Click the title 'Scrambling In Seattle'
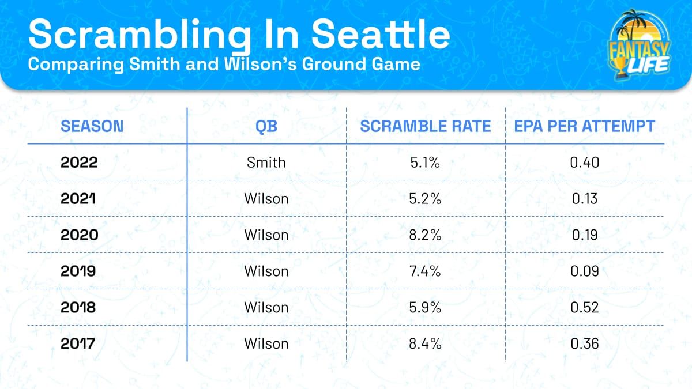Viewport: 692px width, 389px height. tap(239, 35)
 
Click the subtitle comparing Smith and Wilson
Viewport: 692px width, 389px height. tap(224, 63)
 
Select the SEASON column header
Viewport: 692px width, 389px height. tap(92, 126)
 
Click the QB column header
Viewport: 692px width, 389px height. tap(266, 126)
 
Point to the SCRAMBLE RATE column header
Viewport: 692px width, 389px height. tap(426, 126)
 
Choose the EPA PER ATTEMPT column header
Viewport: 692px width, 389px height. tap(585, 126)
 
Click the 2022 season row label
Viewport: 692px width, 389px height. tap(79, 163)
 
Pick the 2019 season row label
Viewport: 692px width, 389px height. tap(79, 271)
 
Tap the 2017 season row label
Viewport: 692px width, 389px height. tap(79, 344)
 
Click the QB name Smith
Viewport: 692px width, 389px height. tap(266, 163)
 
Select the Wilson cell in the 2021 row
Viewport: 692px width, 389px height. tap(266, 199)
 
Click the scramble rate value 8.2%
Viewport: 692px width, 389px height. tap(426, 235)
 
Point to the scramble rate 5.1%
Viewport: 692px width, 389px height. tap(426, 163)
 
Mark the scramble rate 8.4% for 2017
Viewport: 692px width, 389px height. tap(426, 344)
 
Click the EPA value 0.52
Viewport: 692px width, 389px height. tap(585, 308)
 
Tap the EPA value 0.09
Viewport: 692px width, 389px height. tap(585, 271)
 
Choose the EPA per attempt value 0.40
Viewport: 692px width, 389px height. tap(585, 163)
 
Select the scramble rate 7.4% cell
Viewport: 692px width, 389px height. tap(426, 271)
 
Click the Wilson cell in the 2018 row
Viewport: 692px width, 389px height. tap(266, 308)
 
